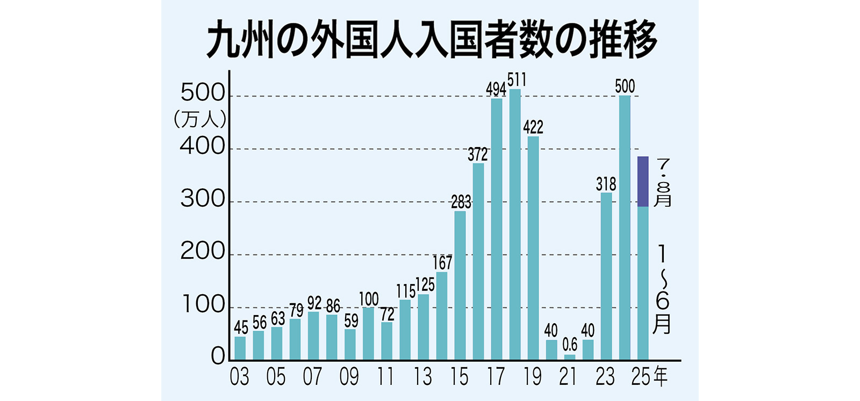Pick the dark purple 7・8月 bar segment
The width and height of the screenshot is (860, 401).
click(643, 181)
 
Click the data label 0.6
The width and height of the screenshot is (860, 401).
click(570, 344)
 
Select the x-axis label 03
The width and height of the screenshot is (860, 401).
click(239, 377)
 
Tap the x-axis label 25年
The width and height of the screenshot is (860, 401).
click(649, 377)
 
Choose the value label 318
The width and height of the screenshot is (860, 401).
click(606, 184)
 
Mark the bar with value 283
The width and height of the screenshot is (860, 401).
click(460, 285)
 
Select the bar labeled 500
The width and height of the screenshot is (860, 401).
click(625, 228)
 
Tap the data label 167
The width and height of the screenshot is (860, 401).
click(442, 263)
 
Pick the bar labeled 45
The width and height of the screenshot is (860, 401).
click(240, 348)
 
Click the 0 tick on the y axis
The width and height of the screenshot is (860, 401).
click(218, 357)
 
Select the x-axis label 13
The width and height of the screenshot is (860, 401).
click(422, 377)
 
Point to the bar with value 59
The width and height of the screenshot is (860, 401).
click(350, 344)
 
